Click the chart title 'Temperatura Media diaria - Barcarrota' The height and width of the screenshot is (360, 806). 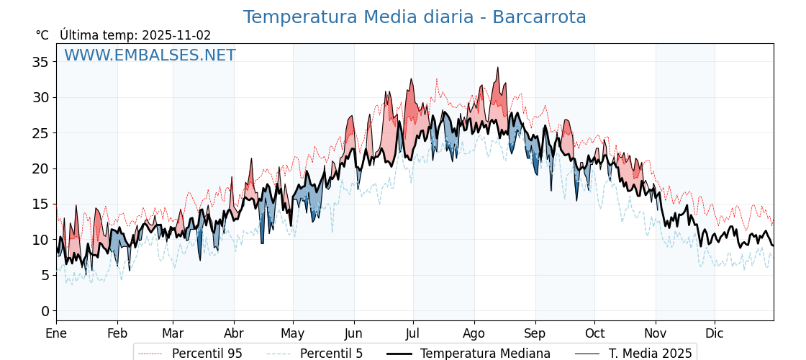click(415, 17)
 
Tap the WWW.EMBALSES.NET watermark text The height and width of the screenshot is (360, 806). click(150, 55)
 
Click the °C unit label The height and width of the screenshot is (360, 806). click(42, 35)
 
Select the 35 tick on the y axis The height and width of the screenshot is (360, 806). click(40, 62)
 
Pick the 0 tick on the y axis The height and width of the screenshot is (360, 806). click(45, 311)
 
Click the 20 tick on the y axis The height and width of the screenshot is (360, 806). click(40, 168)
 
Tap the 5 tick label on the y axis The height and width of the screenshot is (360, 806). click(45, 275)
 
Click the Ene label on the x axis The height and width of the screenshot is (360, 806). click(56, 333)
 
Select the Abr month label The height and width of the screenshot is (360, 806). click(234, 333)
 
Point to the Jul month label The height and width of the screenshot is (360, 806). click(413, 333)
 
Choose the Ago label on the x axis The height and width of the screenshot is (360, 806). click(474, 333)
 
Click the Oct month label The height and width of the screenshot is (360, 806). click(594, 333)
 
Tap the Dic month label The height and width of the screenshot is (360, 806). click(715, 333)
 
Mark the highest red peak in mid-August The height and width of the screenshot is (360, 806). click(497, 68)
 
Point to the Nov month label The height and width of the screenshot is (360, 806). click(656, 333)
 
